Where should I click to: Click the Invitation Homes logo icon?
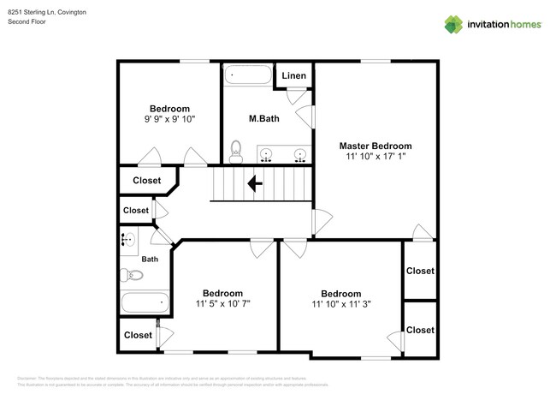click(x=452, y=24)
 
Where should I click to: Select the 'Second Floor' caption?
click(x=27, y=22)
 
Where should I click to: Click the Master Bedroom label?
click(x=375, y=146)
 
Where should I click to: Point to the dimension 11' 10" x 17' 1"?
click(x=375, y=158)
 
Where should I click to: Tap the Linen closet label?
click(x=293, y=76)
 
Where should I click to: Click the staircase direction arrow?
click(x=255, y=182)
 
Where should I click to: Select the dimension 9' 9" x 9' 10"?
click(x=169, y=120)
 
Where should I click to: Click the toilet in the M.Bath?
click(x=237, y=151)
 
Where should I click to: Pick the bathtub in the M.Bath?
click(x=247, y=75)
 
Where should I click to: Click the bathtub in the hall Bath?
click(x=144, y=302)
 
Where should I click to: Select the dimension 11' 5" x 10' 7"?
click(x=222, y=303)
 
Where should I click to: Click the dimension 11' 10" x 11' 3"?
click(x=340, y=303)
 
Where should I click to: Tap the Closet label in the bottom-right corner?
click(x=420, y=330)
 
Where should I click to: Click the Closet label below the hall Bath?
click(x=138, y=335)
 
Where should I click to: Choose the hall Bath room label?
click(x=150, y=259)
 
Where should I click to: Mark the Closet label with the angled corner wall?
click(x=146, y=181)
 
